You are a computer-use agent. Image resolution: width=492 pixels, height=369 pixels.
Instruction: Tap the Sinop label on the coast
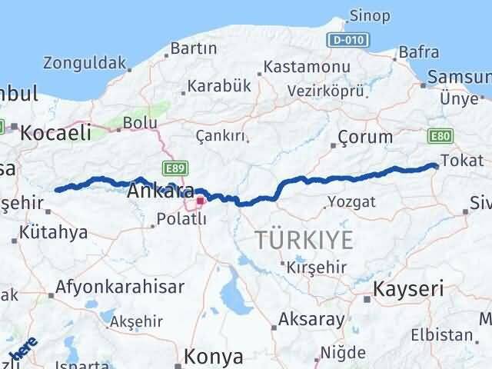click(x=369, y=15)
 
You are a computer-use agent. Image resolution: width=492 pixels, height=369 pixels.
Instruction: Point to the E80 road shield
click(x=441, y=135)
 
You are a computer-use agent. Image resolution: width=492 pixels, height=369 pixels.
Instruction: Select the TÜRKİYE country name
click(x=304, y=240)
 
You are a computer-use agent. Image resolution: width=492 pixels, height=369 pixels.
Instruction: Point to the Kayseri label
click(x=408, y=289)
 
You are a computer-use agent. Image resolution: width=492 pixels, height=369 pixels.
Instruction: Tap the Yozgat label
click(x=351, y=202)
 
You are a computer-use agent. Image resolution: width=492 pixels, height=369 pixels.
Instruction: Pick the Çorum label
click(x=366, y=138)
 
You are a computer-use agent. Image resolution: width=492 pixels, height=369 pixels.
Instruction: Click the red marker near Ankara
click(x=200, y=201)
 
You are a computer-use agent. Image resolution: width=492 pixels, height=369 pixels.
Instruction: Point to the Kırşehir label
click(x=316, y=268)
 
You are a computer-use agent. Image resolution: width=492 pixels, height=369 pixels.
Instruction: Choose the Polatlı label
click(x=182, y=219)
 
